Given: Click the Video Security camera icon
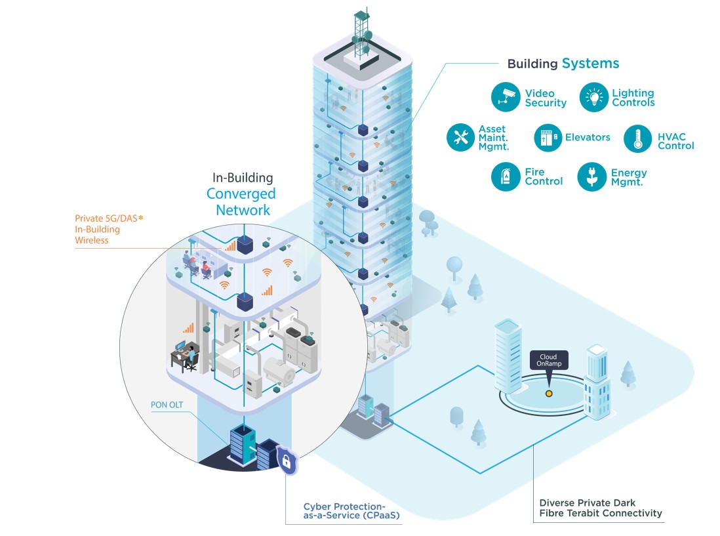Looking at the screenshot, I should point(506,98).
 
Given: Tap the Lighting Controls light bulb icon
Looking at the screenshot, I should point(593,98).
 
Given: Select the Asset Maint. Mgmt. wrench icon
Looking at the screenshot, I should point(461,138).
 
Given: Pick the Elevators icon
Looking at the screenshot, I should point(548,138).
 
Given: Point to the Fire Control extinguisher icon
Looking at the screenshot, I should point(506,177).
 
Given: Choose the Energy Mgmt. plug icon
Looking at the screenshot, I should point(591,177).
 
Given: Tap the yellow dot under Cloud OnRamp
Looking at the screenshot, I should point(549,394).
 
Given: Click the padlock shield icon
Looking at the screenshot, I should point(286,461).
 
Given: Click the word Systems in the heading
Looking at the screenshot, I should point(590,64).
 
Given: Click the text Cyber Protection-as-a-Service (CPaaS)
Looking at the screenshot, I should point(351,511).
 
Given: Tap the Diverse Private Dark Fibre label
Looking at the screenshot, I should point(600,508).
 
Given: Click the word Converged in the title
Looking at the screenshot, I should point(241,194).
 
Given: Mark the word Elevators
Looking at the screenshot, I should point(588,138).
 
